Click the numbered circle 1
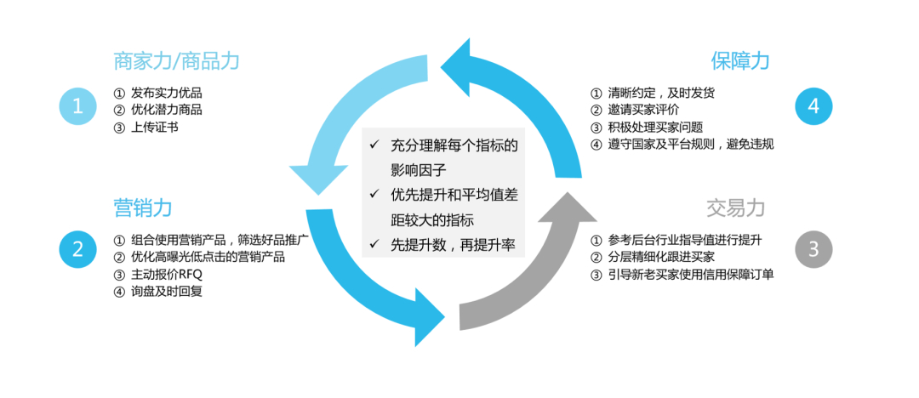78,106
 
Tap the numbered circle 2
78,248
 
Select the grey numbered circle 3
813,248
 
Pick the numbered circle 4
813,106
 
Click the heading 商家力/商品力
177,61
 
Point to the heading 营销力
143,207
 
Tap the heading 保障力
739,61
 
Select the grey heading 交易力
736,207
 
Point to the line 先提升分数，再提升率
451,245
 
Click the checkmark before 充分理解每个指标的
374,145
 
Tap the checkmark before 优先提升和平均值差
374,195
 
